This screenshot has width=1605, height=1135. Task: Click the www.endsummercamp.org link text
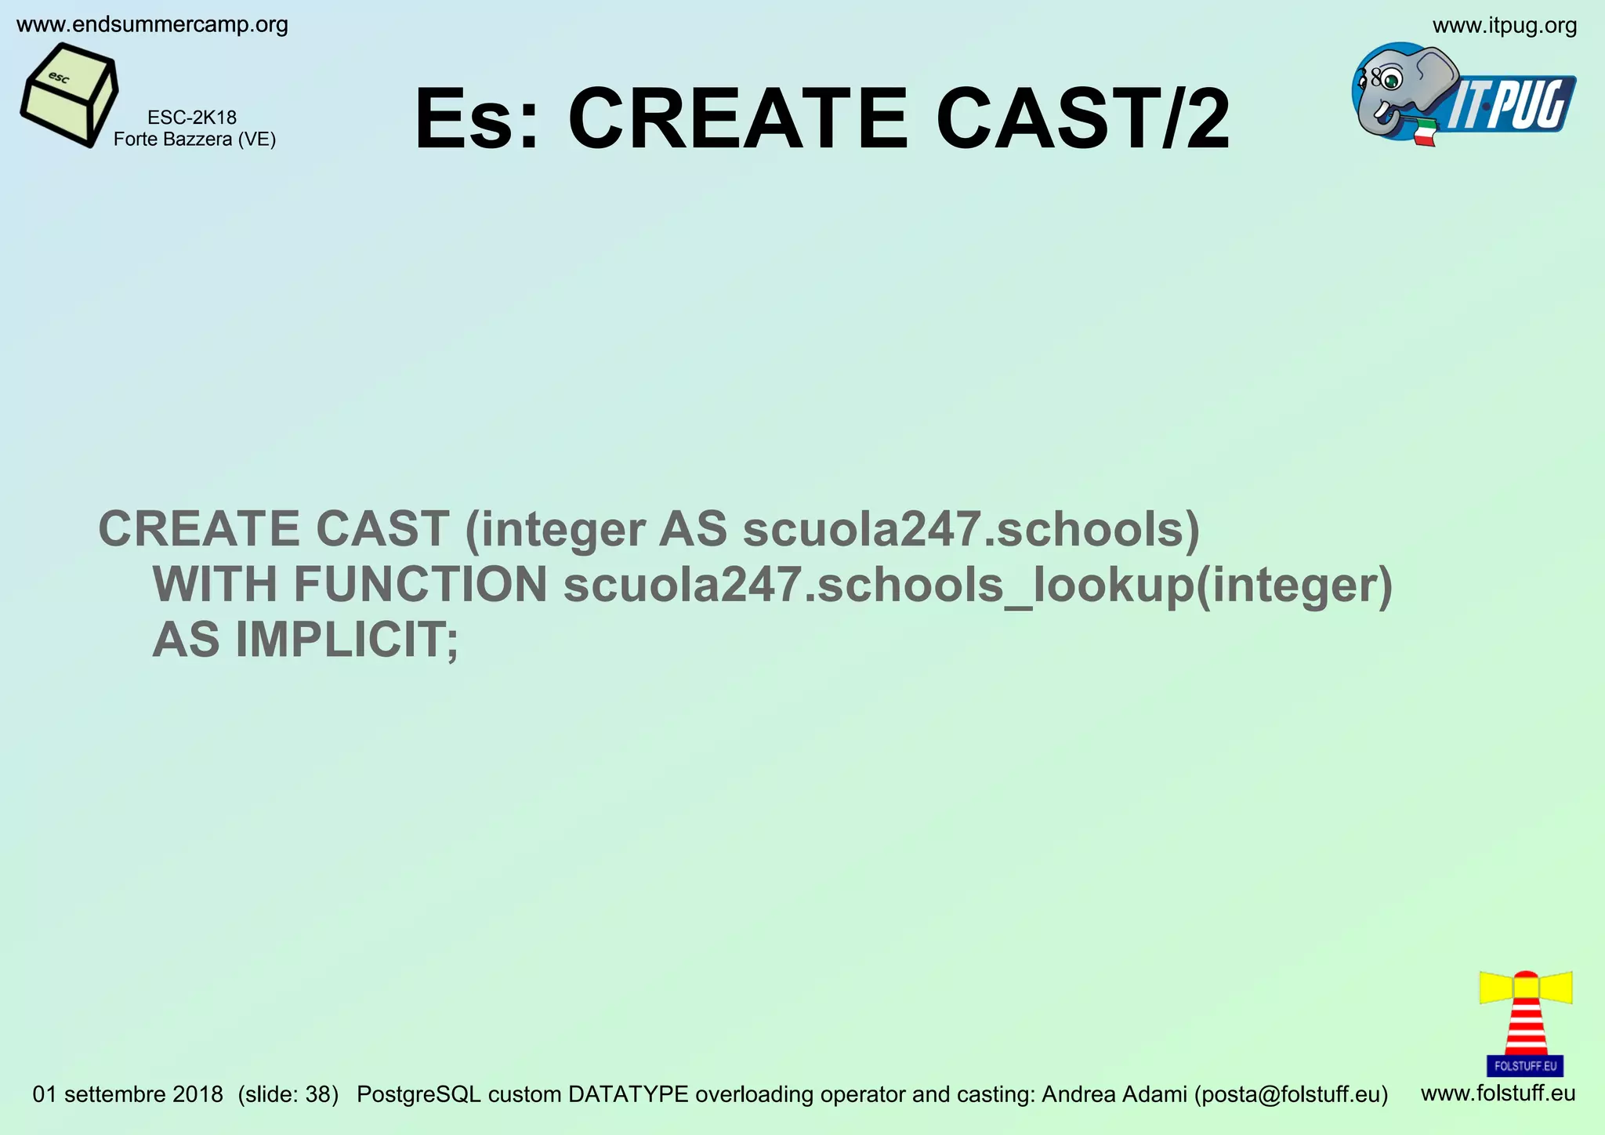152,25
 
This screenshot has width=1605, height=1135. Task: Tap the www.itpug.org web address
1504,26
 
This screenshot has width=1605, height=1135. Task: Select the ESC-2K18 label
192,118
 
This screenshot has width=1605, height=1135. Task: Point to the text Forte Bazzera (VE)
194,140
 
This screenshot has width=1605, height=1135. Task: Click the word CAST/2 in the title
1082,120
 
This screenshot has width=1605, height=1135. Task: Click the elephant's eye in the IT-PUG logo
1391,79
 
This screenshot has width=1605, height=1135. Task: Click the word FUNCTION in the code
421,584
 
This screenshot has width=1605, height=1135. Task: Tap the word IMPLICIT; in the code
346,640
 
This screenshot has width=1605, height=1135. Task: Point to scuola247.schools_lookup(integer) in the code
977,586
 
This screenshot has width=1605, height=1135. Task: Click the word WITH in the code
215,584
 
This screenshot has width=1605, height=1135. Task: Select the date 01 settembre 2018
128,1094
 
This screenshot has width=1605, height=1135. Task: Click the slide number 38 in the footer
321,1094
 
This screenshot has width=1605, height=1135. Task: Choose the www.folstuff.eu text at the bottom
1498,1093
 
